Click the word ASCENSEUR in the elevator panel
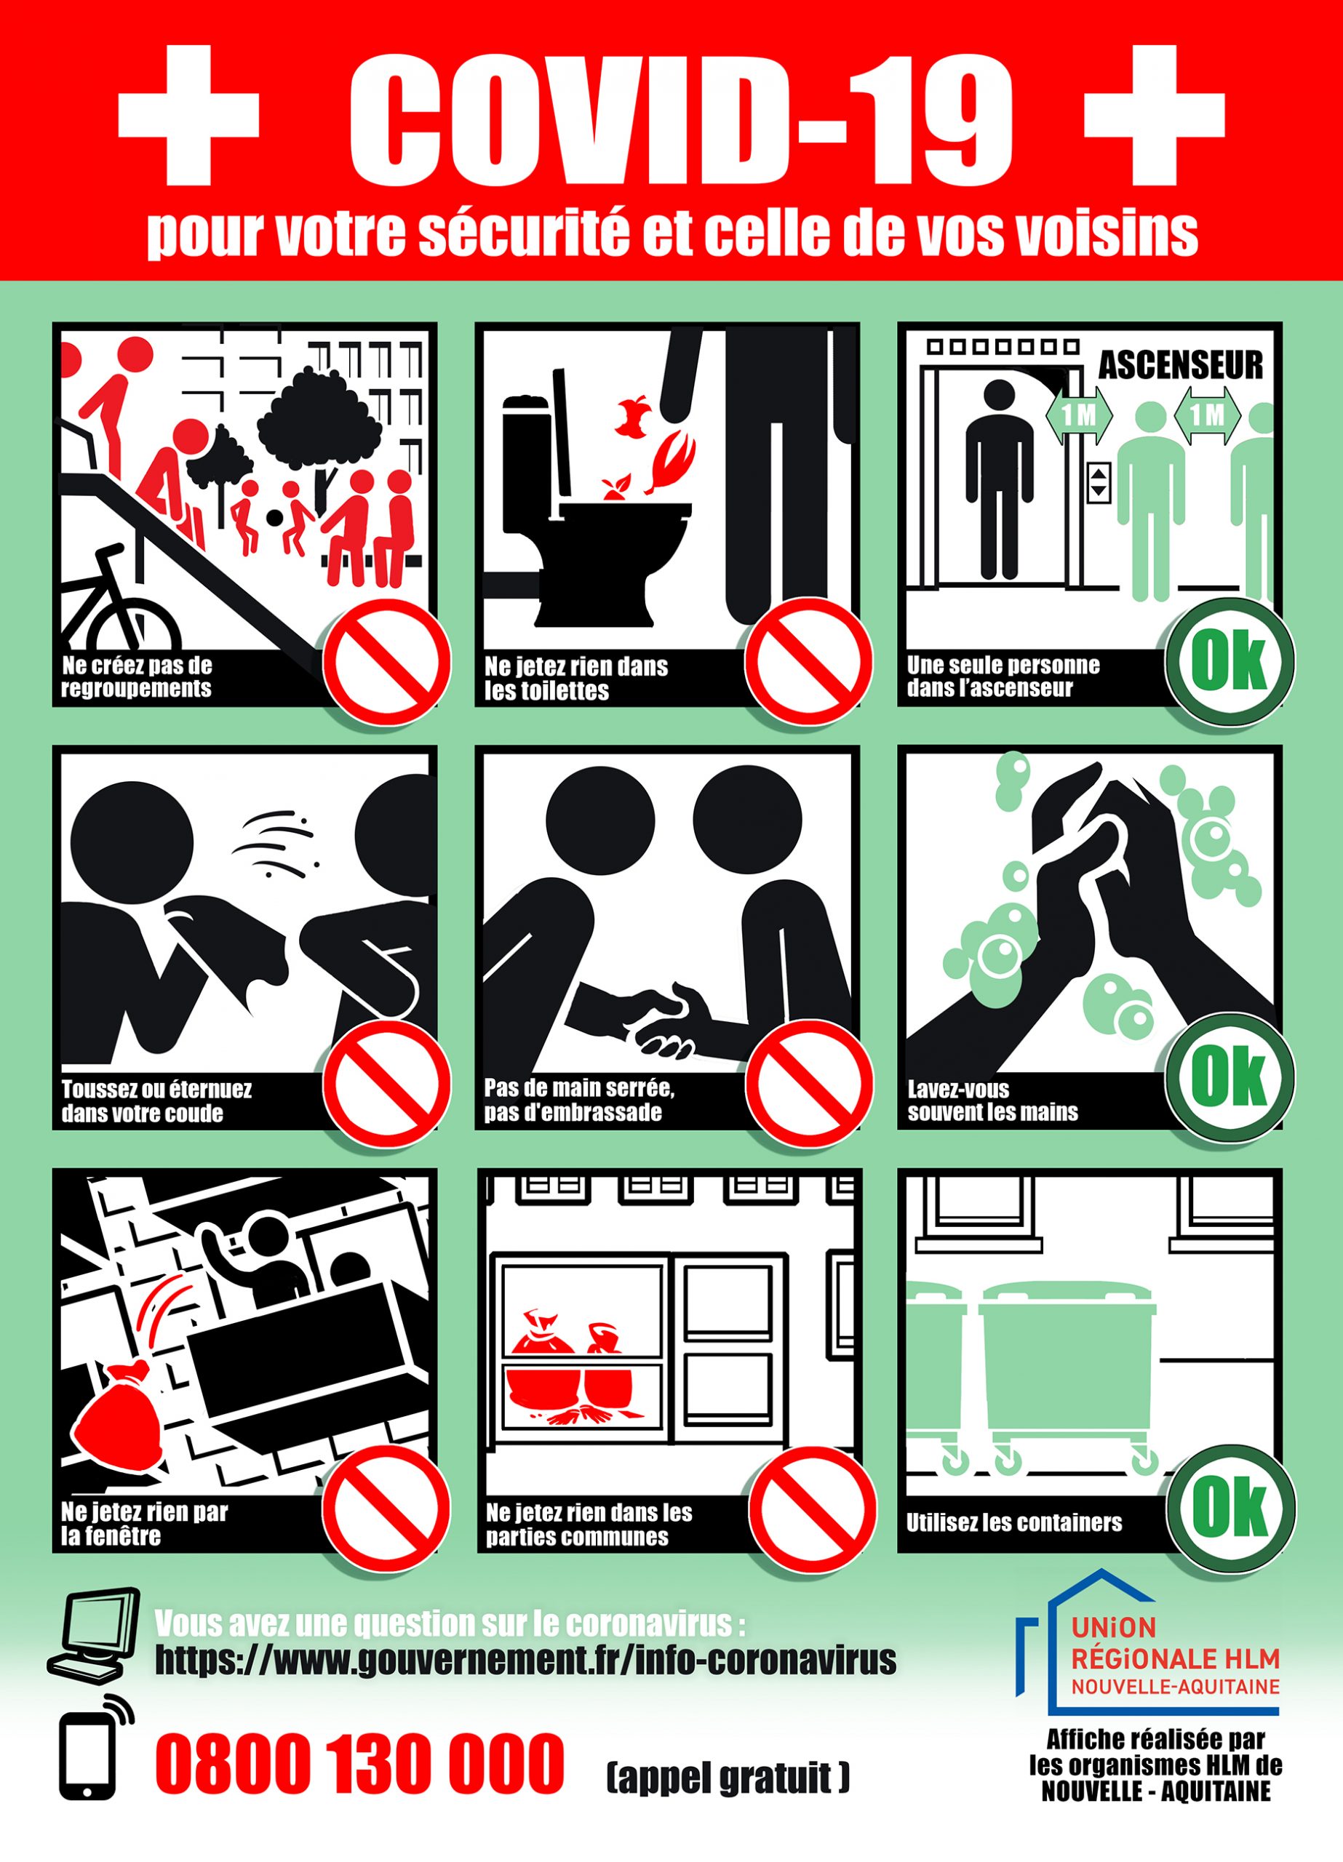(x=1180, y=366)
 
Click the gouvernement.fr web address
(x=526, y=1660)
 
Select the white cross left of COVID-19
(x=189, y=115)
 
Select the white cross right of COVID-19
(x=1154, y=115)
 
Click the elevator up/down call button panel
(x=1099, y=482)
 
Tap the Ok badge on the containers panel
(x=1230, y=1506)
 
